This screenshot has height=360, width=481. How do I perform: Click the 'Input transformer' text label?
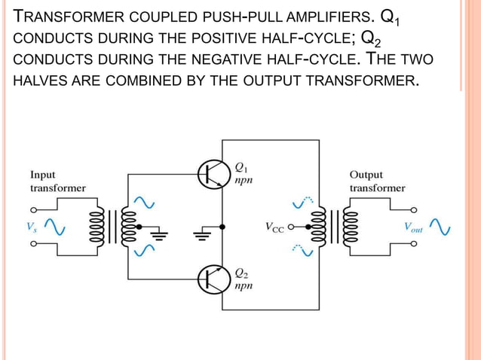(x=57, y=181)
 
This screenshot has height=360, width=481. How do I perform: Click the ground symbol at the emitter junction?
(x=201, y=236)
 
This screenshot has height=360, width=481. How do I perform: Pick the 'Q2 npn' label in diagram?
(x=242, y=279)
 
